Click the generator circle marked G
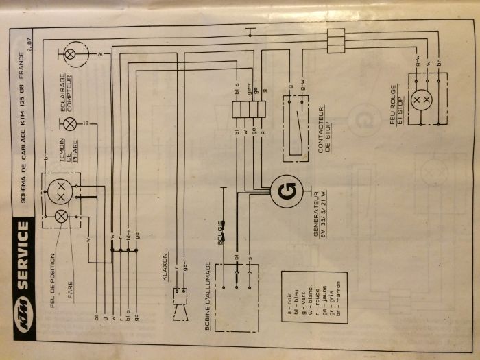click(x=287, y=192)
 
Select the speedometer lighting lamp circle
click(x=70, y=53)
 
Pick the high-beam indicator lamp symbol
click(x=70, y=124)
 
